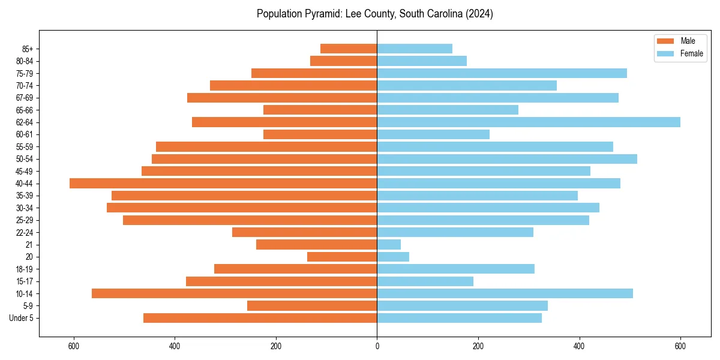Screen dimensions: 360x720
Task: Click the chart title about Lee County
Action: [375, 14]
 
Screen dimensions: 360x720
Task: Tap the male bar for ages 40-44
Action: [223, 184]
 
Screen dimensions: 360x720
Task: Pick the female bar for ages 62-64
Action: [528, 122]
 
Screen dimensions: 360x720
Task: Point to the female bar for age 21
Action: [389, 245]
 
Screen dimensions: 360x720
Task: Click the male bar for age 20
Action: [342, 257]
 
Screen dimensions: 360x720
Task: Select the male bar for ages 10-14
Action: [234, 293]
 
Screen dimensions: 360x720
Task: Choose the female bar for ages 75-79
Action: [502, 73]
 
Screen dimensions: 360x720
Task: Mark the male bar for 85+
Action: [349, 49]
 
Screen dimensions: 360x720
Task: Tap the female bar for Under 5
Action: [459, 318]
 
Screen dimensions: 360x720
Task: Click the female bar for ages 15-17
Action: [425, 281]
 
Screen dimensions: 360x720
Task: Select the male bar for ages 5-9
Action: [312, 306]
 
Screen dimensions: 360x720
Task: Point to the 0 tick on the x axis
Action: [377, 346]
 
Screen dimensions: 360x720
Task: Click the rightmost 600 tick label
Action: [680, 346]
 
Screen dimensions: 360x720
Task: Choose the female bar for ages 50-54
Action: [507, 159]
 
